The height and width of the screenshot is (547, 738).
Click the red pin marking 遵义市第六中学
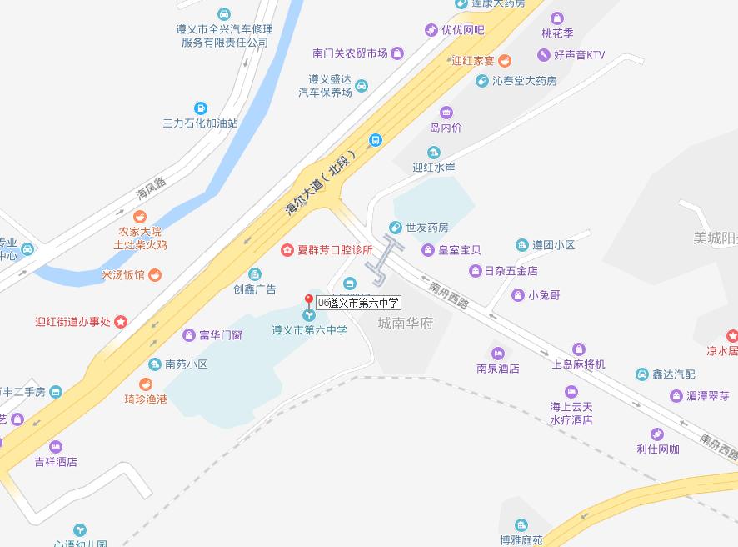(309, 302)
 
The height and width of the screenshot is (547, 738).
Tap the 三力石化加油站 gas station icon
(200, 108)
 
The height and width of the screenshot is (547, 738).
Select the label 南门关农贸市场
(350, 53)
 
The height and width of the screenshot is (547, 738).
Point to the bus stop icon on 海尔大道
(376, 140)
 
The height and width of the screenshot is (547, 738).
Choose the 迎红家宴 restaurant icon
(505, 61)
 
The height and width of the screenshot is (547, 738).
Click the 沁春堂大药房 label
(524, 81)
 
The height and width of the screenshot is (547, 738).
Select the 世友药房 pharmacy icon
(396, 227)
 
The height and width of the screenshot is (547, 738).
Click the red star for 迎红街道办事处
(121, 321)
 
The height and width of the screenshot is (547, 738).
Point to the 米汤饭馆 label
(123, 275)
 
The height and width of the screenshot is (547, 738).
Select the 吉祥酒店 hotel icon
(56, 446)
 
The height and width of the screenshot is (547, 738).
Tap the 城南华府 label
(406, 324)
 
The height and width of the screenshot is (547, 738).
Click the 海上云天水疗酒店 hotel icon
(571, 392)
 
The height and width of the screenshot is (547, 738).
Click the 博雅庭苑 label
(521, 539)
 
